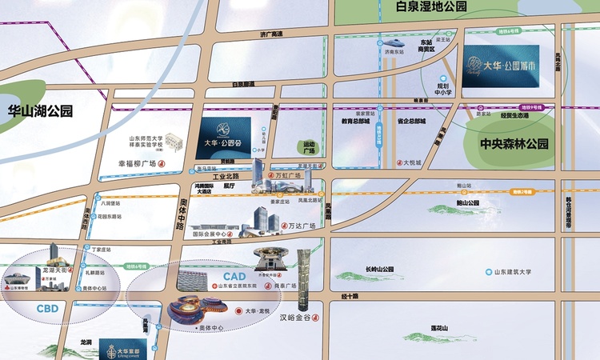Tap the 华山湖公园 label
pyautogui.click(x=38, y=111)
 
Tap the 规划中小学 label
pyautogui.click(x=442, y=88)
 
